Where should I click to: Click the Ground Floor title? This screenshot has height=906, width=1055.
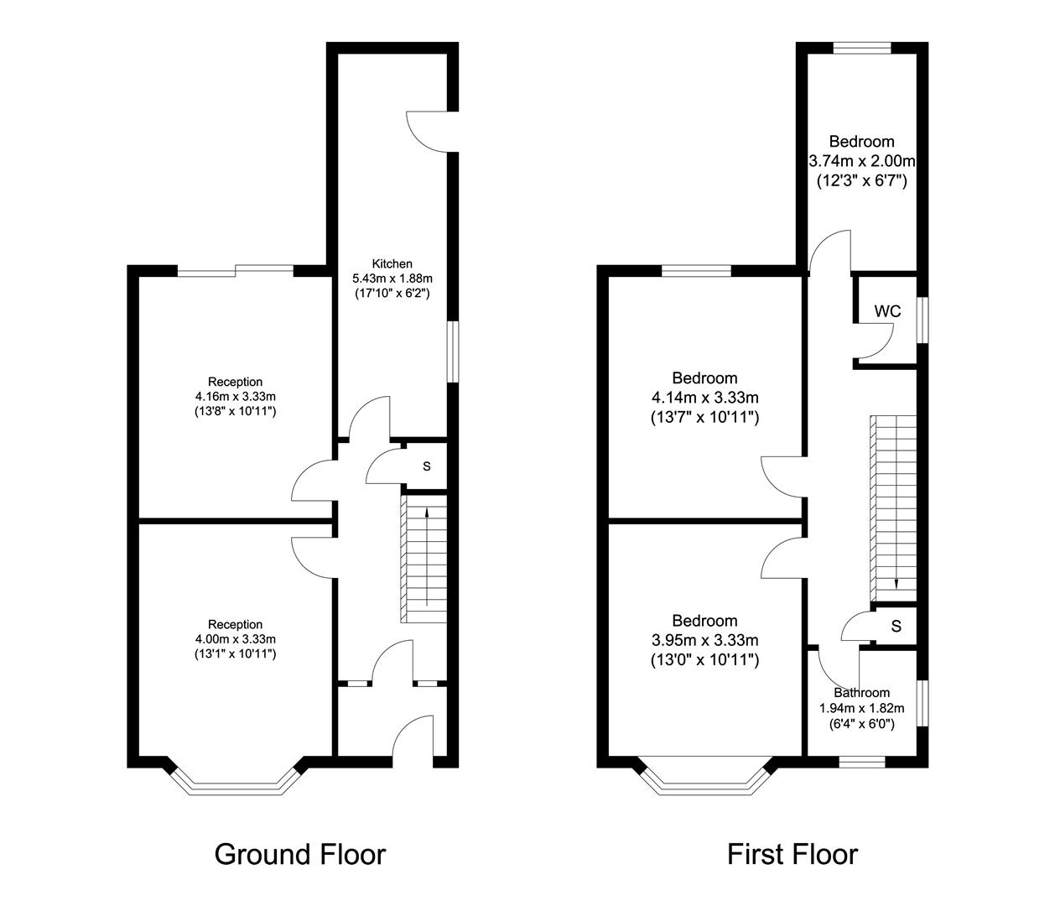click(x=299, y=855)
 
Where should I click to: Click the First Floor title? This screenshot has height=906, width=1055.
click(x=793, y=855)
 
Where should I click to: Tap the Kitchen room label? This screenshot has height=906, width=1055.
click(x=392, y=264)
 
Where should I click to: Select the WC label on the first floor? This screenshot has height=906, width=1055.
click(x=887, y=311)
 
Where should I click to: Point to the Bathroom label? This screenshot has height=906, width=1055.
click(x=862, y=693)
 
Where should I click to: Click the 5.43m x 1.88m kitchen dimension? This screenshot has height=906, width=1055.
click(x=392, y=279)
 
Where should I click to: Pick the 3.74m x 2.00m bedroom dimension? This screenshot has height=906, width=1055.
click(x=861, y=161)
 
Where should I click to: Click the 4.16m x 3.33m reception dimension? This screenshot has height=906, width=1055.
click(x=236, y=396)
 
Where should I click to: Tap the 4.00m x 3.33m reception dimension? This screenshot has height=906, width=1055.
click(x=236, y=639)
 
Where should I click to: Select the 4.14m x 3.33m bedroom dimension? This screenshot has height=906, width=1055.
click(x=704, y=398)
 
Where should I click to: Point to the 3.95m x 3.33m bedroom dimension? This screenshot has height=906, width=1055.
click(x=704, y=640)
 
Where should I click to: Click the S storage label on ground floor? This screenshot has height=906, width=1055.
click(x=427, y=466)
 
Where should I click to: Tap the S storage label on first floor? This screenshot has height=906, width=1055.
click(x=896, y=627)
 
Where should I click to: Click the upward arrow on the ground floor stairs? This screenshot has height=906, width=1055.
click(x=427, y=556)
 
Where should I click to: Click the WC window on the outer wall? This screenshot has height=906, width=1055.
click(x=922, y=320)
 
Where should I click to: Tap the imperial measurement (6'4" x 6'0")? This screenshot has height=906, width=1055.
click(x=862, y=724)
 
